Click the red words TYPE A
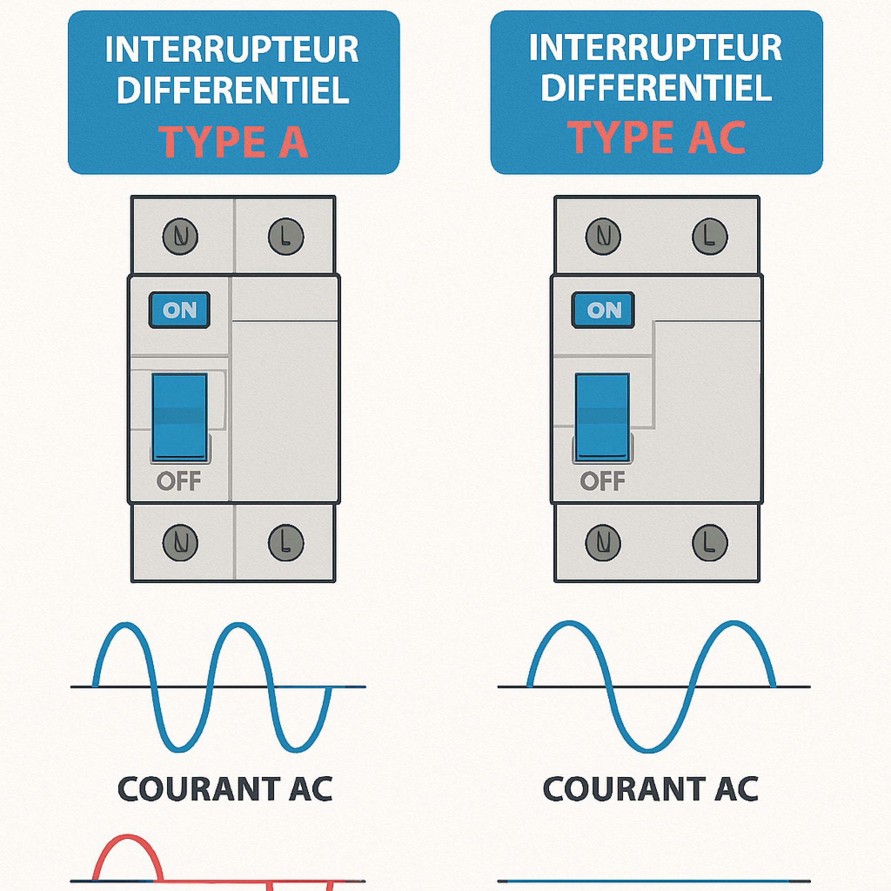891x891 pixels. click(233, 142)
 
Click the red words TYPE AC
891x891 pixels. click(656, 137)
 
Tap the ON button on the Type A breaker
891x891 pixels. click(179, 310)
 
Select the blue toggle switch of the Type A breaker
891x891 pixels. click(179, 417)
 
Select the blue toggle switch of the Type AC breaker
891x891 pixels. click(602, 417)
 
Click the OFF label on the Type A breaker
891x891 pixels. click(179, 482)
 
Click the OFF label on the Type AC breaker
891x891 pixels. click(602, 482)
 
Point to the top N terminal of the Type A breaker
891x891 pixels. click(180, 237)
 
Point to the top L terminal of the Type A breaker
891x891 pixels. click(286, 237)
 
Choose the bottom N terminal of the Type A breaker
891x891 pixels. click(180, 543)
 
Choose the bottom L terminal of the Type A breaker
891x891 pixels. click(286, 543)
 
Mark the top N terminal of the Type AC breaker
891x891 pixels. click(603, 237)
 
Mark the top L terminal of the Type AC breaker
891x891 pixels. click(710, 237)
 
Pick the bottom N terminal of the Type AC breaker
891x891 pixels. click(603, 543)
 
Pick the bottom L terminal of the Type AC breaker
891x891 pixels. click(710, 543)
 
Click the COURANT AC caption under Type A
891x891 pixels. click(225, 790)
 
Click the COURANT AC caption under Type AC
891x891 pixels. click(651, 790)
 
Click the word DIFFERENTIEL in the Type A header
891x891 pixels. click(233, 90)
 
